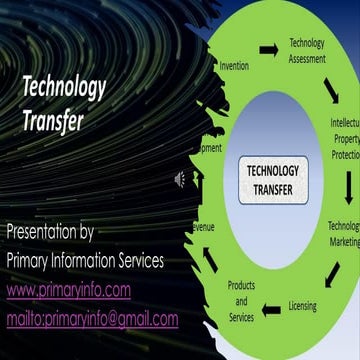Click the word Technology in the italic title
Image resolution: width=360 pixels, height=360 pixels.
pos(64,88)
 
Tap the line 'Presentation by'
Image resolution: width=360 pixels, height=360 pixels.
pos(50,232)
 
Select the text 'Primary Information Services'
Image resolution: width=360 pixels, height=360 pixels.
pos(85,261)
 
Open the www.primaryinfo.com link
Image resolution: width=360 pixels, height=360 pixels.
pos(69,290)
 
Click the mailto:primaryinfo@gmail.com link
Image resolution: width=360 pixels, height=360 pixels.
pos(92,319)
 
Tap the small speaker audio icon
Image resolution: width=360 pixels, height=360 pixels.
pos(182,179)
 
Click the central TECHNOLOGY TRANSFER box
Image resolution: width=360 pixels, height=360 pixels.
pos(272,179)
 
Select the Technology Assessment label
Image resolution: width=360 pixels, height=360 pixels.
pos(307,50)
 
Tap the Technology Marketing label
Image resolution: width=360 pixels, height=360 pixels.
pos(344,233)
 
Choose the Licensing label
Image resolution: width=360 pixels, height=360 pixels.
pos(304,305)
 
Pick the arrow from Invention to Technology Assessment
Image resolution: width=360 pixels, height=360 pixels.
pos(269,49)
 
